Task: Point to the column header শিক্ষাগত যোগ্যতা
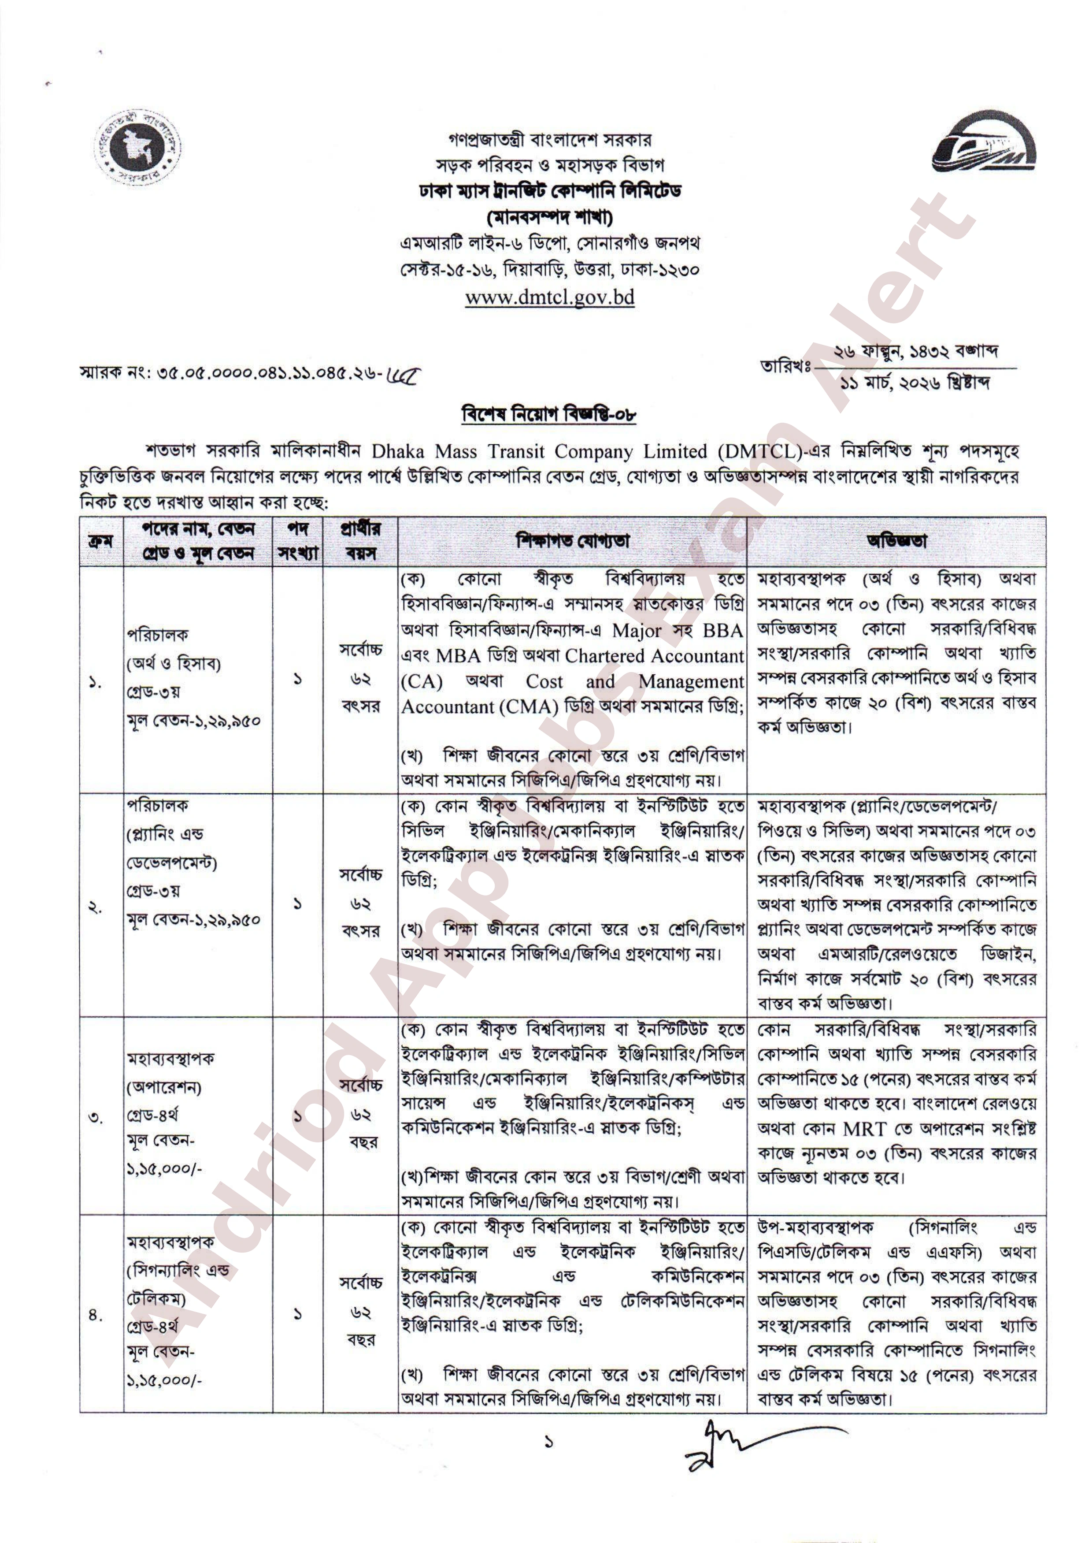pos(572,541)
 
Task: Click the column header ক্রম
pos(101,541)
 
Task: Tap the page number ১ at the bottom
pos(549,1442)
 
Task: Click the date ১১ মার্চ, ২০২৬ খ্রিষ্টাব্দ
pos(915,383)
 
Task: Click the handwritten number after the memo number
pos(405,374)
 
